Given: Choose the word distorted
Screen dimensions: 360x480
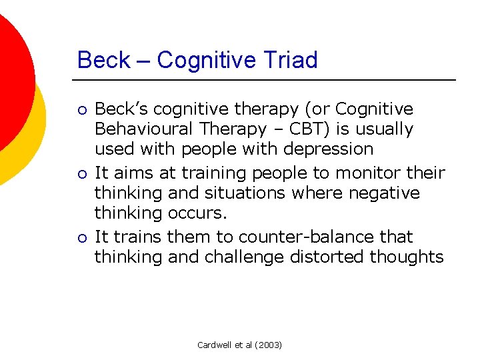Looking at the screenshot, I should click(x=334, y=257).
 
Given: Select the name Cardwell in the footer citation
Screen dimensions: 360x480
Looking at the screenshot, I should click(x=215, y=345).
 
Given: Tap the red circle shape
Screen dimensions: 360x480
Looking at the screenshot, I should click(x=10, y=73).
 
